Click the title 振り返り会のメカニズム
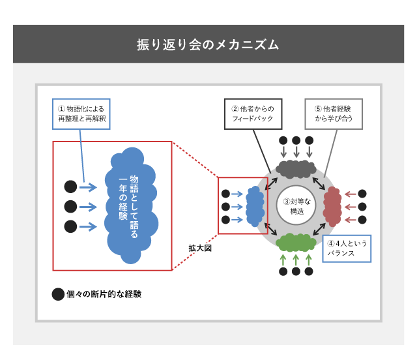pos(208,44)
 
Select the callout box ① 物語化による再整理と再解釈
pos(81,114)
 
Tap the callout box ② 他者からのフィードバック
pos(253,114)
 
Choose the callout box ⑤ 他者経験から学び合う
pos(333,114)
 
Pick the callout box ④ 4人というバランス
pos(347,248)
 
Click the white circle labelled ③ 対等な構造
pos(296,206)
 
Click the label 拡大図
pos(200,248)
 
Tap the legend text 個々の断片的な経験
pos(104,294)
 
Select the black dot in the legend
pos(58,294)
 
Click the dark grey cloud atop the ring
pos(296,169)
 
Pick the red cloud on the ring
pos(332,206)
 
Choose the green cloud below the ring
pos(296,243)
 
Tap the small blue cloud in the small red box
pos(255,206)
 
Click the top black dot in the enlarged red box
pos(70,187)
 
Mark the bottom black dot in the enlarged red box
pos(70,226)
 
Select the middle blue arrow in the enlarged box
pos(88,207)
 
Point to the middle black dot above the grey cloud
pos(296,140)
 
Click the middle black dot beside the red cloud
pos(362,207)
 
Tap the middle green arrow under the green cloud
pos(296,259)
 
